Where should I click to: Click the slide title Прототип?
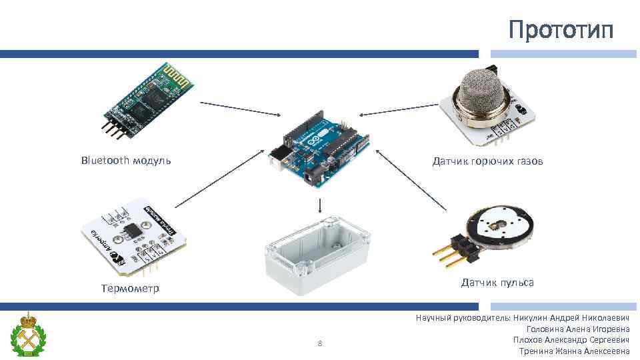pyautogui.click(x=560, y=30)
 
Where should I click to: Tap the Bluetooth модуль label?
pyautogui.click(x=126, y=160)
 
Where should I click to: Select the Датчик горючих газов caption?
pyautogui.click(x=487, y=161)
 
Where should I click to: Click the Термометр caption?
pyautogui.click(x=130, y=289)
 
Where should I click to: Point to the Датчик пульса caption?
pyautogui.click(x=497, y=283)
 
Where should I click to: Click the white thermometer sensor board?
pyautogui.click(x=130, y=235)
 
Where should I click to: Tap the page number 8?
pyautogui.click(x=320, y=344)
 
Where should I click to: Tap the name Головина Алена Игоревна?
pyautogui.click(x=577, y=329)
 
